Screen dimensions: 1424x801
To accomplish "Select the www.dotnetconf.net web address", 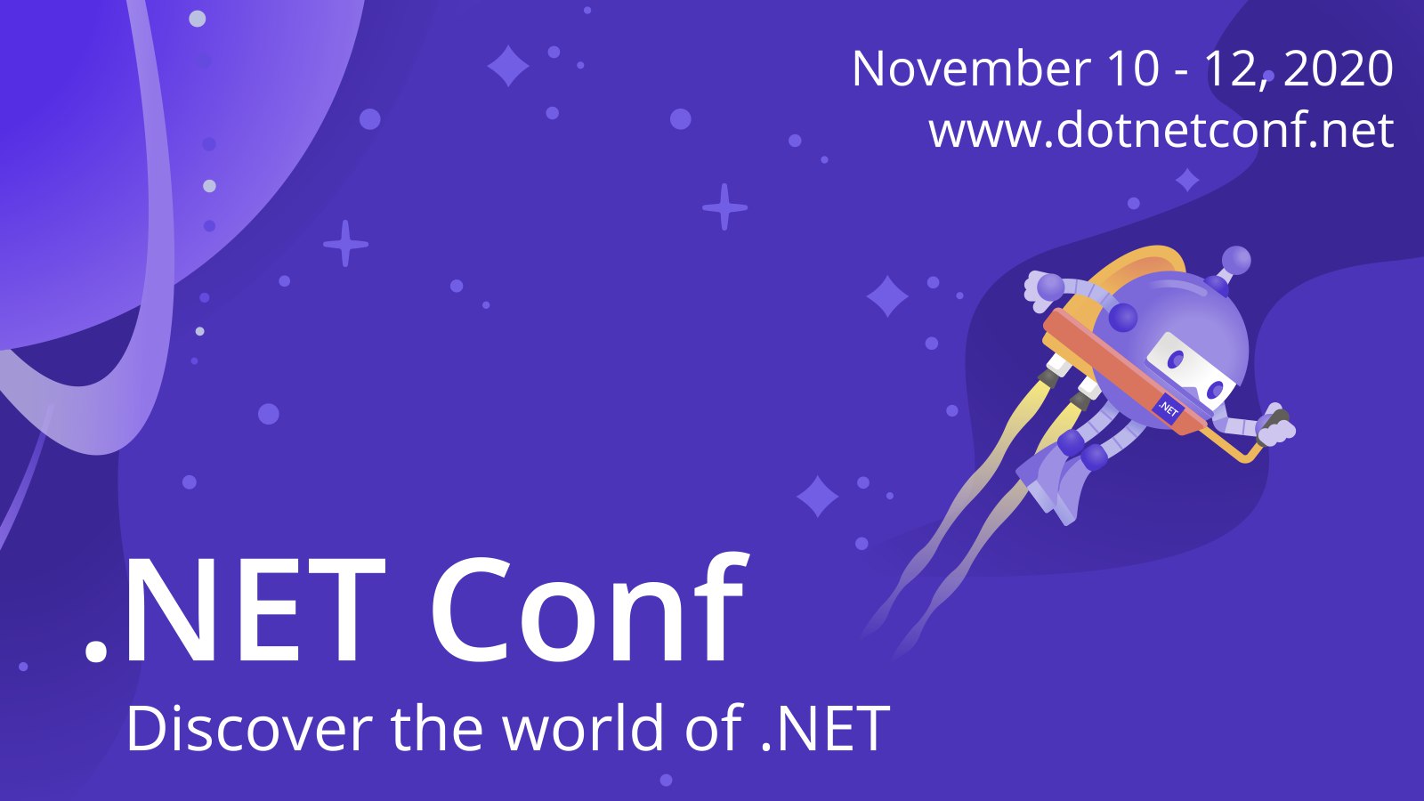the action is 1161,129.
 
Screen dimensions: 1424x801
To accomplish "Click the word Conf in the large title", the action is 588,607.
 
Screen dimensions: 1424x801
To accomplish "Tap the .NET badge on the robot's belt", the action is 1168,409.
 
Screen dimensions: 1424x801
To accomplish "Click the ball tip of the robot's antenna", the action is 1236,261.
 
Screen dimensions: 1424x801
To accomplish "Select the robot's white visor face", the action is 1193,371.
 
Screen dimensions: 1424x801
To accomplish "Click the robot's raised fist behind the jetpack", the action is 1042,290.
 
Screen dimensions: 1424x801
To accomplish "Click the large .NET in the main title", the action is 235,610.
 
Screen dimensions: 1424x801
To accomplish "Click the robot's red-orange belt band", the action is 1125,372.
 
